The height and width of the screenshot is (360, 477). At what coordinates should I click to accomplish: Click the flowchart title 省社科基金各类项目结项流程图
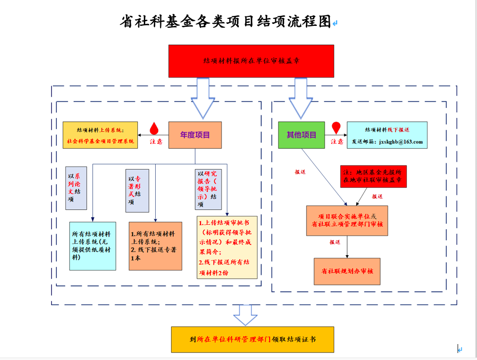(x=225, y=21)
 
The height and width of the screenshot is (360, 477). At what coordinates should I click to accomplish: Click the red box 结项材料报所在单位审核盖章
(x=251, y=61)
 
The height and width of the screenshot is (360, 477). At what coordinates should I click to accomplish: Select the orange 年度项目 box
(x=195, y=135)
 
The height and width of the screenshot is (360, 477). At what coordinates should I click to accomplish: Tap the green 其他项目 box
(x=301, y=135)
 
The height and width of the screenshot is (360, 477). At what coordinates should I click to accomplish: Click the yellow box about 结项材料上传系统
(x=100, y=135)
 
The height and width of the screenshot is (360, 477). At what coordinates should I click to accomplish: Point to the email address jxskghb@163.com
(x=401, y=142)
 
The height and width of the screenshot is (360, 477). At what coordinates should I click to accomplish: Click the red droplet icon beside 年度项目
(x=154, y=128)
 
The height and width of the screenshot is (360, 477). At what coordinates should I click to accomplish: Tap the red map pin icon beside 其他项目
(x=336, y=128)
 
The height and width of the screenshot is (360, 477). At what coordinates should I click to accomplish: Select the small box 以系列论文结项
(x=76, y=188)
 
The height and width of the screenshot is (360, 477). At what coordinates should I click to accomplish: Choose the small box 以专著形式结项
(x=137, y=190)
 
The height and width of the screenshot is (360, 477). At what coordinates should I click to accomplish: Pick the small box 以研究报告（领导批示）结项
(x=208, y=189)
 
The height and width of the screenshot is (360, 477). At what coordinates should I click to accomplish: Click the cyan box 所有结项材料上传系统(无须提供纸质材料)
(x=93, y=246)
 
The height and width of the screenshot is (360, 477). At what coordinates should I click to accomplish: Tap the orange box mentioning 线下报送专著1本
(x=156, y=246)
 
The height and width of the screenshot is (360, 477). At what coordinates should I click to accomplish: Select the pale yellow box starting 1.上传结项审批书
(x=227, y=247)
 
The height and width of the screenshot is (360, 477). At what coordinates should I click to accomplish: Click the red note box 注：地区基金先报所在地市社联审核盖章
(x=373, y=177)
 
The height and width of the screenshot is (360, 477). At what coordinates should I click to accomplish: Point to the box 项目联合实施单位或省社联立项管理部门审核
(x=347, y=221)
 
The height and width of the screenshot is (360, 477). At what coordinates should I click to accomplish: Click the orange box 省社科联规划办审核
(x=347, y=271)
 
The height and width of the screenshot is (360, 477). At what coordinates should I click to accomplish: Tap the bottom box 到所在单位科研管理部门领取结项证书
(x=253, y=340)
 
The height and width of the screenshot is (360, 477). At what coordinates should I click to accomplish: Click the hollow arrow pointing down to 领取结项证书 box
(x=246, y=315)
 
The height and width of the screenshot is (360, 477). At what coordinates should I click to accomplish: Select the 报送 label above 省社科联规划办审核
(x=335, y=242)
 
